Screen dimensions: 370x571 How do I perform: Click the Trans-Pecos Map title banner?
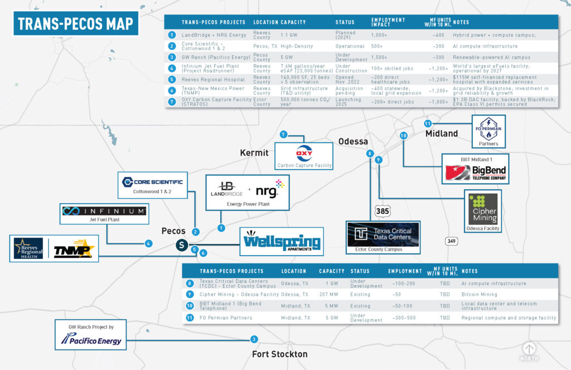click(x=76, y=23)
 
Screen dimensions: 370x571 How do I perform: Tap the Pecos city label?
click(x=173, y=230)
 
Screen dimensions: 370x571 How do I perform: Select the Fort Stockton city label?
click(x=279, y=354)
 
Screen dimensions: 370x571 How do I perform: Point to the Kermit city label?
click(x=254, y=152)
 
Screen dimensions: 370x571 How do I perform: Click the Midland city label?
click(x=442, y=133)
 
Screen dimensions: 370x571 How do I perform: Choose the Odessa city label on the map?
click(x=353, y=141)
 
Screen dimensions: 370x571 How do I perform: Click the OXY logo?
click(x=304, y=153)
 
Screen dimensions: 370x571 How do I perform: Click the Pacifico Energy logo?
click(x=91, y=338)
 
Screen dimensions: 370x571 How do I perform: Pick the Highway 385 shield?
click(x=382, y=212)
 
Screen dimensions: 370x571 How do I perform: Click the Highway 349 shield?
click(x=452, y=241)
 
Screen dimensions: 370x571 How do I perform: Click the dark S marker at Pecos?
click(x=181, y=244)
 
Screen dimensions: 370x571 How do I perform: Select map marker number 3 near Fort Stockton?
click(x=254, y=339)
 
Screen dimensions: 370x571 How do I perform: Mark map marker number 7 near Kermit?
click(x=283, y=134)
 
